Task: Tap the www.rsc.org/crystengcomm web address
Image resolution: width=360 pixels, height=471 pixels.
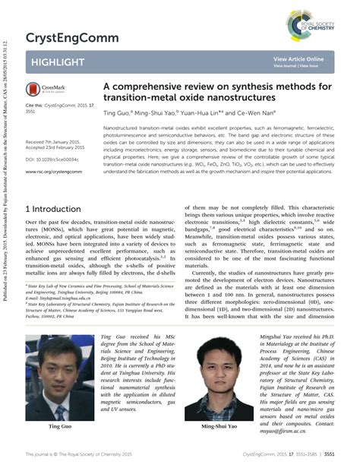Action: coord(54,172)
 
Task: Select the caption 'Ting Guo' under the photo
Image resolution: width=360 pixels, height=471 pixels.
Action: coord(59,428)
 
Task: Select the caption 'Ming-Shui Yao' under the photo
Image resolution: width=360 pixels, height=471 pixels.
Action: coord(219,428)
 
